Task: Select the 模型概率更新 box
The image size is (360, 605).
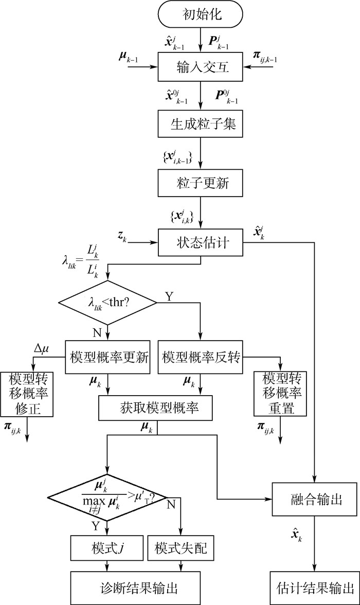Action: (107, 357)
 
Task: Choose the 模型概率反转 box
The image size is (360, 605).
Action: (200, 357)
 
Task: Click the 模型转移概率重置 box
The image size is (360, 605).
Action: (280, 394)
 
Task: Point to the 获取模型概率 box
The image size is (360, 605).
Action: (157, 408)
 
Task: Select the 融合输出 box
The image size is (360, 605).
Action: (314, 499)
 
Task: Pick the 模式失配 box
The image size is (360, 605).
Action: (181, 549)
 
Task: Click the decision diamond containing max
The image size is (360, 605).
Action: (108, 498)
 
